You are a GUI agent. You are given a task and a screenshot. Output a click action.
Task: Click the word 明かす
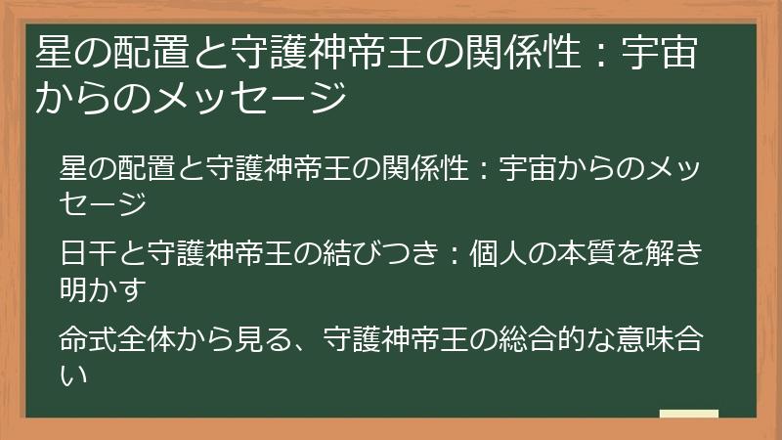tap(101, 290)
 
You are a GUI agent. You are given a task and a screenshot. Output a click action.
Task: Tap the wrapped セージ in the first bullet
tap(102, 204)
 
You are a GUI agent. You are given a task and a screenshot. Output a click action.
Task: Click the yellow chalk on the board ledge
tap(689, 415)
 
